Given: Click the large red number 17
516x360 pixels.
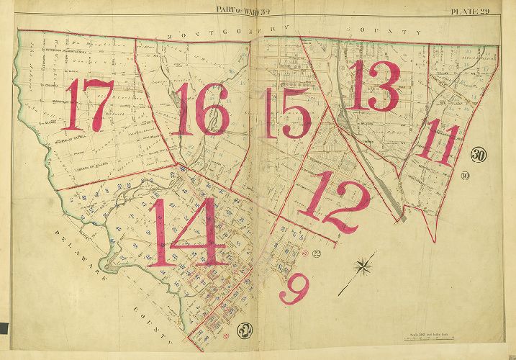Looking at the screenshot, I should point(88,105).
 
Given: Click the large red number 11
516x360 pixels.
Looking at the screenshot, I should point(438,143).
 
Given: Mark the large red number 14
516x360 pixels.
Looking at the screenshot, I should point(184,232).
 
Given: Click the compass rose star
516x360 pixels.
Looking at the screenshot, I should point(364,267).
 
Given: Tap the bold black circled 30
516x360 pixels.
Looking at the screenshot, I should point(479,155).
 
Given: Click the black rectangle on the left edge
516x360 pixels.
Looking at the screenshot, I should point(4,328).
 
